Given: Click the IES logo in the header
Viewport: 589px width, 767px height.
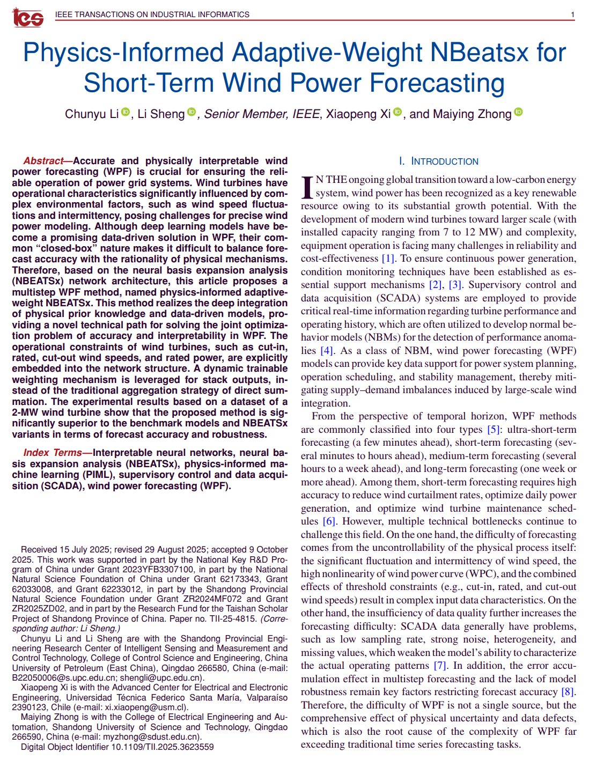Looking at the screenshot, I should (x=28, y=17).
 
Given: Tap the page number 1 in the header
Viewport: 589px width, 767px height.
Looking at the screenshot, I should (x=572, y=14).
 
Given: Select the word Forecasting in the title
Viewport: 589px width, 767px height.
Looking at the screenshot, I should (x=437, y=83).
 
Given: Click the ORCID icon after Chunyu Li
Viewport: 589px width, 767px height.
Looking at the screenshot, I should (x=126, y=112).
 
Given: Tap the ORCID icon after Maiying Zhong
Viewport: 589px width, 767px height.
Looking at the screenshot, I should (x=518, y=112).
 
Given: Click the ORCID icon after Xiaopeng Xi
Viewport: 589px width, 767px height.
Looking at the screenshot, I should (x=397, y=112).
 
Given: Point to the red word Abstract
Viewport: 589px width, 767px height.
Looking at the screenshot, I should (x=43, y=161).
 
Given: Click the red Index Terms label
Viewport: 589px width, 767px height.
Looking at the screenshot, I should (x=52, y=453).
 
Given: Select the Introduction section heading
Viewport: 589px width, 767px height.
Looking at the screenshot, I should (x=438, y=161).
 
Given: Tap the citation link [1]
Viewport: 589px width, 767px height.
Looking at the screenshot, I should (x=388, y=259).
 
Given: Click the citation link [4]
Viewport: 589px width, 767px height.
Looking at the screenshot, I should (x=327, y=351).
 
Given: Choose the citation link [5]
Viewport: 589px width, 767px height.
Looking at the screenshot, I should (x=493, y=430).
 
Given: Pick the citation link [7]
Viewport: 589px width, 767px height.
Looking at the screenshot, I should (x=440, y=666).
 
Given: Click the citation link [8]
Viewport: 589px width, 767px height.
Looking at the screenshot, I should (x=568, y=692).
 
